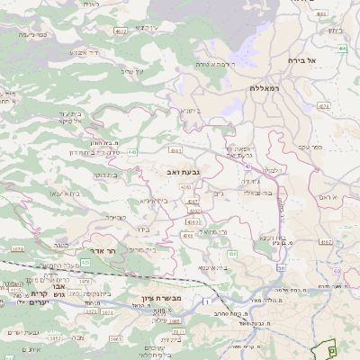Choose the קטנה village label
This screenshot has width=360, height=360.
pos(117,217)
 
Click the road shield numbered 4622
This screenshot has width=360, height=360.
pos(121,31)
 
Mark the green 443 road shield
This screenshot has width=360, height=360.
pos(132,152)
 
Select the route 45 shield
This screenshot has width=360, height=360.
pos(247,166)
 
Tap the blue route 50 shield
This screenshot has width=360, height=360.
pos(281,268)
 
